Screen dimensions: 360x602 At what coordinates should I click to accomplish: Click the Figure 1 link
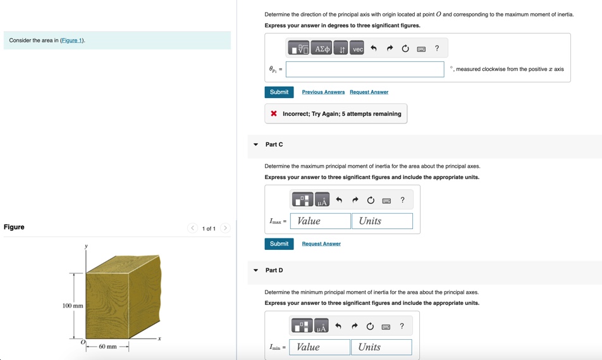(x=72, y=40)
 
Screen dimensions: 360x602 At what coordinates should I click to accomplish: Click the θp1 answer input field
(x=365, y=69)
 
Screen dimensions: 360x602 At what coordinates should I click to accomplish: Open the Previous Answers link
(x=323, y=92)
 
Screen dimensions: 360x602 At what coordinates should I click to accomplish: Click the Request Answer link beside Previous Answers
(x=369, y=92)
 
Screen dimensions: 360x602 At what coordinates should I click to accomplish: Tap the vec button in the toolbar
(x=357, y=49)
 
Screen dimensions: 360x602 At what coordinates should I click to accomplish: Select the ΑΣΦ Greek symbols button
(x=322, y=49)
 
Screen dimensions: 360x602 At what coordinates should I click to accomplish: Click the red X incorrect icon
(x=274, y=114)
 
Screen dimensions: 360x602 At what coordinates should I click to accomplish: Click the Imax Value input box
(x=320, y=221)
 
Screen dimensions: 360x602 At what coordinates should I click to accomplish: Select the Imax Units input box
(x=382, y=221)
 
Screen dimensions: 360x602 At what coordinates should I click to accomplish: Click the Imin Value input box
(x=319, y=347)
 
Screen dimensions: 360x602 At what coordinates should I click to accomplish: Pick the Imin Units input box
(x=381, y=347)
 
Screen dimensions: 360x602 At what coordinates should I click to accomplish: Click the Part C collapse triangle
(x=256, y=145)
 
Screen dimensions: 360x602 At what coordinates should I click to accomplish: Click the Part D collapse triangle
(x=256, y=270)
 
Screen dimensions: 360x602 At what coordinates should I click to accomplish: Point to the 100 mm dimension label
(x=73, y=306)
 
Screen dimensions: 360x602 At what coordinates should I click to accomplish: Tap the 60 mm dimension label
(x=107, y=347)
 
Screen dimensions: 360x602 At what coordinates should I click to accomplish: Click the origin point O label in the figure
(x=82, y=342)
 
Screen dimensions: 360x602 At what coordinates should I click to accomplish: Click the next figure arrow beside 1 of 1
(x=225, y=228)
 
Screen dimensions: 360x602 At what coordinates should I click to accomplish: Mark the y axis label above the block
(x=87, y=245)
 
